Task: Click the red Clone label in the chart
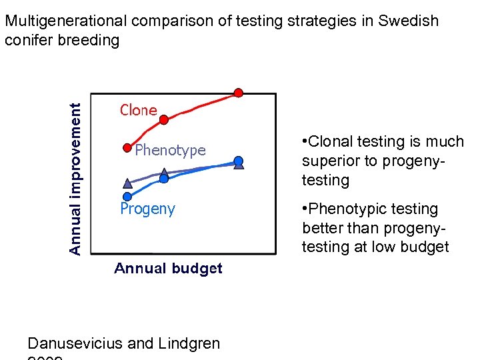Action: [x=138, y=110]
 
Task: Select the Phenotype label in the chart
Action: [x=171, y=150]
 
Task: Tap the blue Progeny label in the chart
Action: [x=147, y=209]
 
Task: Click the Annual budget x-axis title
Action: [x=168, y=269]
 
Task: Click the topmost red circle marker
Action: [x=238, y=92]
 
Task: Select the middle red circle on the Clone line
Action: [x=165, y=120]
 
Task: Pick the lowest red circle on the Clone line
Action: [x=127, y=147]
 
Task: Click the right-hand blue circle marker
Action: [x=239, y=160]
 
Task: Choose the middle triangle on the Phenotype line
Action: [x=165, y=173]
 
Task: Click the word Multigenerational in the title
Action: [x=66, y=21]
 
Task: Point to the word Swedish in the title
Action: [x=408, y=21]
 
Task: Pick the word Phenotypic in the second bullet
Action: [x=343, y=209]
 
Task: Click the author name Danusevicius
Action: [x=75, y=344]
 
